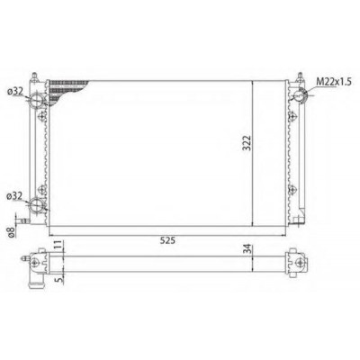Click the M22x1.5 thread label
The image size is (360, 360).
334,82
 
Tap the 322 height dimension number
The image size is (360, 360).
247,143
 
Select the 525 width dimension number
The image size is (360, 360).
167,240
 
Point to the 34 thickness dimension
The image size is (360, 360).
247,249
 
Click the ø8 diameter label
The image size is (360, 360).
11,232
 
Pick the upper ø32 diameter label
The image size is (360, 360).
15,92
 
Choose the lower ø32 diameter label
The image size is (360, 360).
15,196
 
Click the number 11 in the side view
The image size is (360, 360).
58,245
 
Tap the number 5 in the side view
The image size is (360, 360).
59,280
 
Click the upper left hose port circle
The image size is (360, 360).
37,99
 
